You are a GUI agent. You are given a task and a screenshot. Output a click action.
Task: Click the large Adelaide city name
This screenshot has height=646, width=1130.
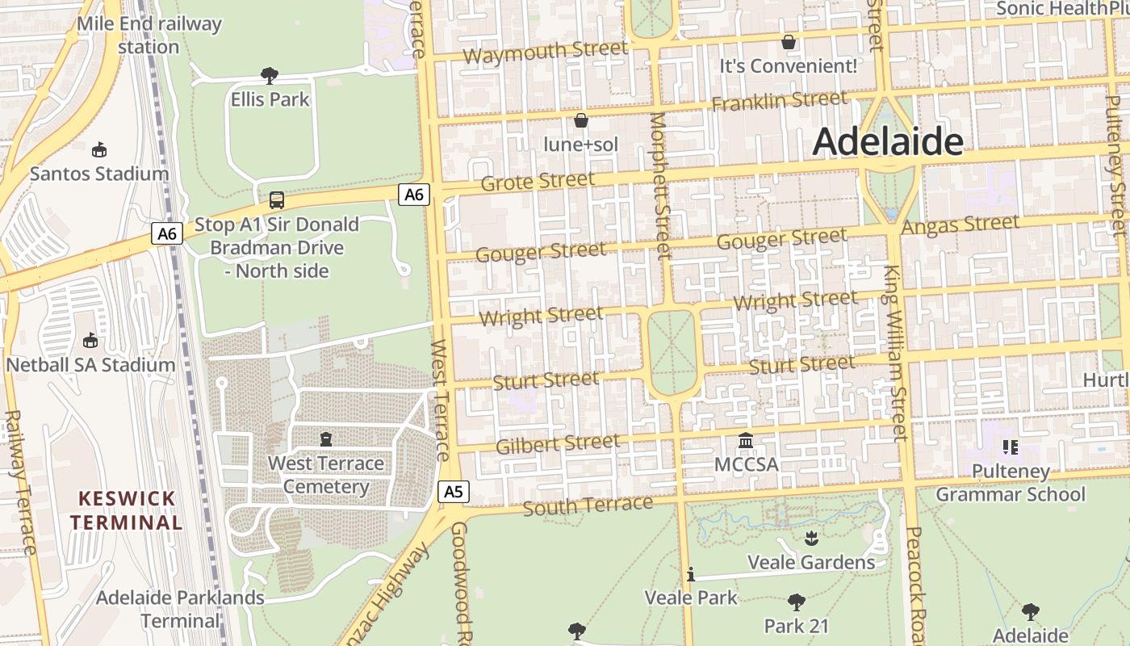pos(887,141)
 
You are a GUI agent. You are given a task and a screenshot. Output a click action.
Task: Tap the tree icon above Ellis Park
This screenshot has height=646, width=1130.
pos(270,76)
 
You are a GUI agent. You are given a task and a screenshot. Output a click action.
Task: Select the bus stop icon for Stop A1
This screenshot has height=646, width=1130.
pos(276,199)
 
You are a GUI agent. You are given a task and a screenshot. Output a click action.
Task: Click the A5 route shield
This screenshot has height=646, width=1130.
pos(454,491)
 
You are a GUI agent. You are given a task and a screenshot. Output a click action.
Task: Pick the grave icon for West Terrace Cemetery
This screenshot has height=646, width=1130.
pos(326,439)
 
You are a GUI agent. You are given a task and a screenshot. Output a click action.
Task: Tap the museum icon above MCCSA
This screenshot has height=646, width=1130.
pos(746,442)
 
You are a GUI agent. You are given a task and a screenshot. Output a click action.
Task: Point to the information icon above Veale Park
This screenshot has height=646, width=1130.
pos(691,574)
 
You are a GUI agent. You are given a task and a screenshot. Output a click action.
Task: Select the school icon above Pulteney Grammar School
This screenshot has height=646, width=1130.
pos(1010,447)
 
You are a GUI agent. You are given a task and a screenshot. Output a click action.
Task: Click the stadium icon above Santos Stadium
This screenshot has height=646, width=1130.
pos(99,149)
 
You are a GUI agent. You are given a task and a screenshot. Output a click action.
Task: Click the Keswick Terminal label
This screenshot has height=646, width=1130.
pos(126,510)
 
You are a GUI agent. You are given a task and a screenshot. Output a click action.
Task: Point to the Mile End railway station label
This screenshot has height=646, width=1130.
pos(149,35)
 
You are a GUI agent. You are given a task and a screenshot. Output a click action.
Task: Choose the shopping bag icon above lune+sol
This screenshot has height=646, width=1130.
pos(580,121)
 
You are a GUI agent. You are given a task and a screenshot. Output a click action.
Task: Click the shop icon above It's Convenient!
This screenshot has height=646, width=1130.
pos(788,41)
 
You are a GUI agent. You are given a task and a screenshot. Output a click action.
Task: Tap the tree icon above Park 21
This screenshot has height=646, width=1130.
pos(796,602)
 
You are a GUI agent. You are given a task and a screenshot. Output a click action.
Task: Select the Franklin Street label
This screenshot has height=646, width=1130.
pos(779,102)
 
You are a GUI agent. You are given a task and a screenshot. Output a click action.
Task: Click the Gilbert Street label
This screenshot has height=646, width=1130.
pos(558,443)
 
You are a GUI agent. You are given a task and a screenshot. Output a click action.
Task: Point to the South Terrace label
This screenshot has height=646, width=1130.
pos(588,505)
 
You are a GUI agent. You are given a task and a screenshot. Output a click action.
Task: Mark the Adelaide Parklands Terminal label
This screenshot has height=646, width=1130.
pos(180,609)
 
